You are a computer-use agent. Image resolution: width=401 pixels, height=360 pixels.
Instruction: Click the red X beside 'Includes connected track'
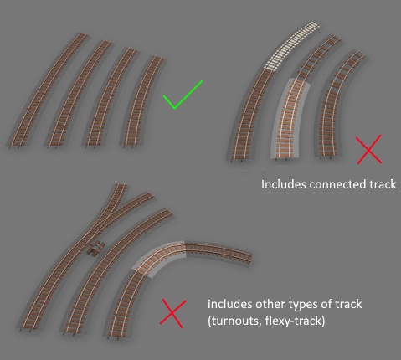[369, 149]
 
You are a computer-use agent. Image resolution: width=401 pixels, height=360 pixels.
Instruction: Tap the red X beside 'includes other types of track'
[172, 314]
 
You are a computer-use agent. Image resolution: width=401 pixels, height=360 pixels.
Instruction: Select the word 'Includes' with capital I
[283, 184]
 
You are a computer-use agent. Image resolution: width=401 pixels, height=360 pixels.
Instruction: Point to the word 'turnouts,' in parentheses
[234, 321]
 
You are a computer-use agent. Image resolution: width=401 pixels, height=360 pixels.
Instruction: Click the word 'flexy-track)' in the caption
[296, 321]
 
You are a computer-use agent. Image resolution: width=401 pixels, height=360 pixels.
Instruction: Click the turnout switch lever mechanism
[96, 248]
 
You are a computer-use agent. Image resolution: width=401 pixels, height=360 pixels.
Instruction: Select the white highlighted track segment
[291, 46]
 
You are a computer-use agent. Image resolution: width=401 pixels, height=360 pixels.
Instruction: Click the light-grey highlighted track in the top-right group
[290, 120]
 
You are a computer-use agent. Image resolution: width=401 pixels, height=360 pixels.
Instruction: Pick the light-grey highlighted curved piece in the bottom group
[158, 257]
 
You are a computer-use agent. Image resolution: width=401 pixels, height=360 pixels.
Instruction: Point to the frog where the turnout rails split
[119, 207]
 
